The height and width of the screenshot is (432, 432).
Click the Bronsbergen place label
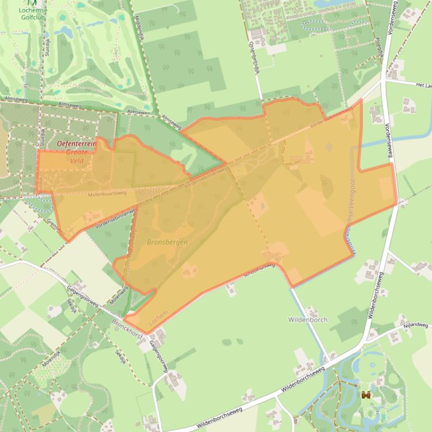(167, 242)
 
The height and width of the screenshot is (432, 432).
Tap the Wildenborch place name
(307, 320)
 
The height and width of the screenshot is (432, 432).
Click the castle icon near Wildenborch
(366, 395)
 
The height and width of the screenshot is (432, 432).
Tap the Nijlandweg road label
(415, 325)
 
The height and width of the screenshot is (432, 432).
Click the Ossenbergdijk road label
(255, 57)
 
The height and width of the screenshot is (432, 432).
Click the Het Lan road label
(423, 85)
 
